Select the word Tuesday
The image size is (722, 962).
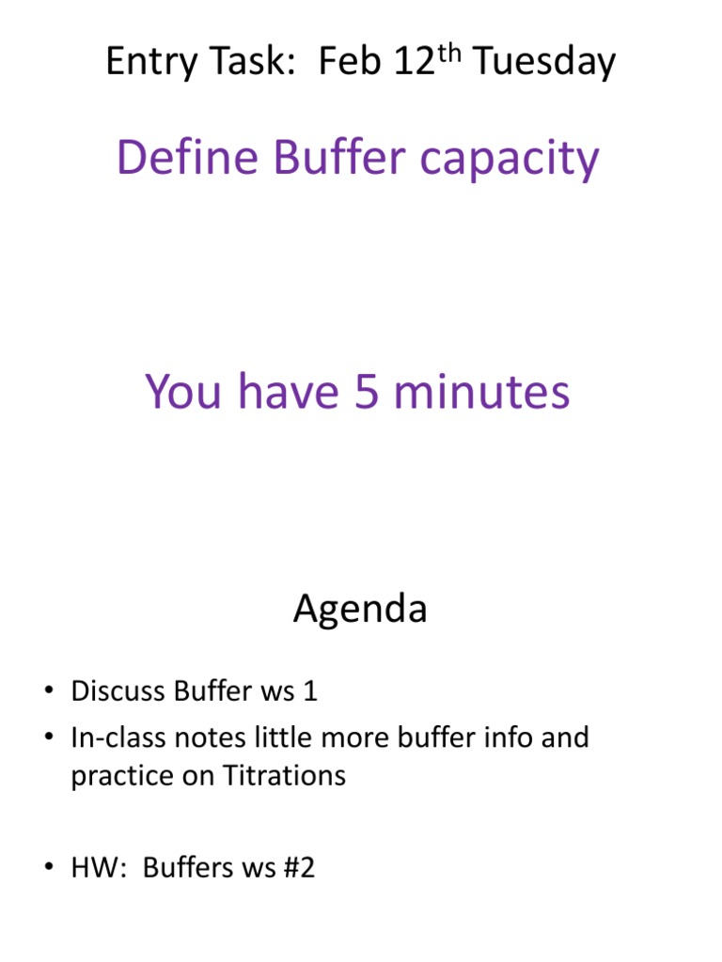pyautogui.click(x=544, y=64)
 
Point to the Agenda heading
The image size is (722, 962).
pyautogui.click(x=360, y=610)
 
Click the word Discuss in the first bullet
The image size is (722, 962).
pyautogui.click(x=118, y=691)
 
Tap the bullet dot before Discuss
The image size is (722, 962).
pyautogui.click(x=47, y=693)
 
